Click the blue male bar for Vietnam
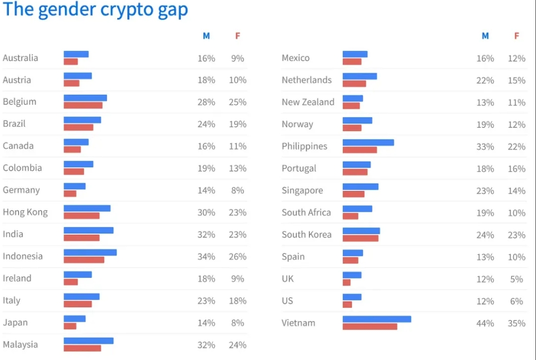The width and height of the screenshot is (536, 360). pos(376,319)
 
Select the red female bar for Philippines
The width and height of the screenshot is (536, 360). pos(359,150)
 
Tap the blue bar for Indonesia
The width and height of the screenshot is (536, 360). pos(90,252)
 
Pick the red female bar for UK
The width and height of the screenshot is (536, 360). pos(347,282)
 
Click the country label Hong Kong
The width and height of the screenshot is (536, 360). pos(25,212)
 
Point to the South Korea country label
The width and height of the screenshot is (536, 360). pos(306,235)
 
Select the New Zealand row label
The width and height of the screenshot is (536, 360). pos(308,102)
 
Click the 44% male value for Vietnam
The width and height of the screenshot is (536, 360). pos(485,323)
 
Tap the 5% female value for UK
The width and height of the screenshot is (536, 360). pos(517,279)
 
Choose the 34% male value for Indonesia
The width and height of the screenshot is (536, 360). pos(206,257)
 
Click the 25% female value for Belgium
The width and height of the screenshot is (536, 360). pos(238,102)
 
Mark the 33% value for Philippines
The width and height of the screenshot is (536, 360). pos(485,147)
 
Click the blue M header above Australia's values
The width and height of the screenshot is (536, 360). pos(206,36)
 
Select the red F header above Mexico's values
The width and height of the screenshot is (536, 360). pos(517,36)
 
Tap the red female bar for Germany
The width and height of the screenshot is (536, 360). pos(70,193)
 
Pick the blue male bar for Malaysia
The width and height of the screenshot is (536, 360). pos(89,341)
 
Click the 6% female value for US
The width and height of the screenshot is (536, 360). pos(517,301)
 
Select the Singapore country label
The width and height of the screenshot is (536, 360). pos(302,190)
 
